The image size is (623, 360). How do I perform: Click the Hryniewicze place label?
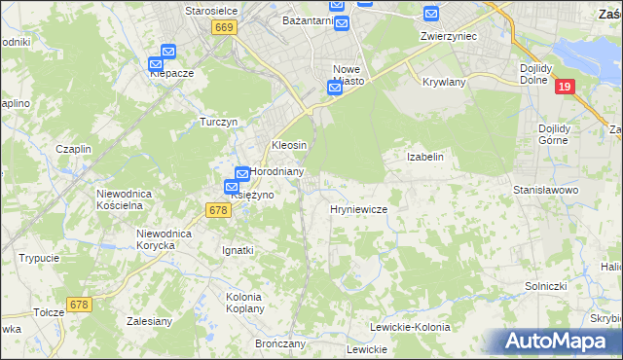359,209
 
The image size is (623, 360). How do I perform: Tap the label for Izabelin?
424,156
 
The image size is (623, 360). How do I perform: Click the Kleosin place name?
289,145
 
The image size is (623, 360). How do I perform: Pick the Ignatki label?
238,250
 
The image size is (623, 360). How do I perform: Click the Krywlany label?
446,83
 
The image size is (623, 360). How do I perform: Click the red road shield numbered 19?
564,88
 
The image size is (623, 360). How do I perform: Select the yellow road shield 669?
224,28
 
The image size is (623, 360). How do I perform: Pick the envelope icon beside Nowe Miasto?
334,88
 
